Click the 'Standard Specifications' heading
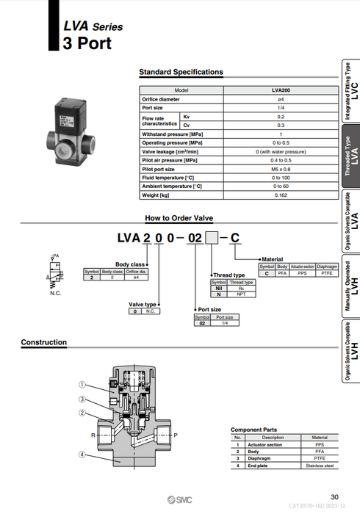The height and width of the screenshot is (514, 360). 181,72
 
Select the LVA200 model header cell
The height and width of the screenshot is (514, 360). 280,89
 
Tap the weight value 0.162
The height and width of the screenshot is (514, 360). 280,195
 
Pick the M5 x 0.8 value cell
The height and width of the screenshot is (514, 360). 280,168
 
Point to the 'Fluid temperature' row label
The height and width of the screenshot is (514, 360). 167,177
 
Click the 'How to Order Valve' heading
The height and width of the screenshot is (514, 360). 179,218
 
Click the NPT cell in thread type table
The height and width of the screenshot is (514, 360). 242,294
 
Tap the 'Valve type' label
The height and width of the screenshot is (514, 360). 143,304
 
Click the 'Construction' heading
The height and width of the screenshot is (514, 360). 43,342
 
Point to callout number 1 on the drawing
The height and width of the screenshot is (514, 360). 83,384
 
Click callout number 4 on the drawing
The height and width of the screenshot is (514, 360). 83,454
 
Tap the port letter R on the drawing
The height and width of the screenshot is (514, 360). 93,435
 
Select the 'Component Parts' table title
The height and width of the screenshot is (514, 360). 253,430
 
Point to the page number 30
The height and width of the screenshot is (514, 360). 334,497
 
